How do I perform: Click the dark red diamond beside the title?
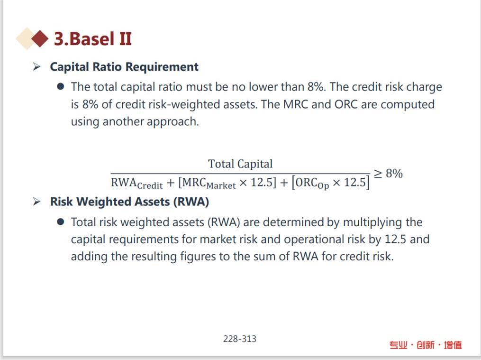pyautogui.click(x=40, y=39)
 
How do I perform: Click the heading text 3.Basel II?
pyautogui.click(x=92, y=39)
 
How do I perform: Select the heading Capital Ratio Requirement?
pyautogui.click(x=124, y=67)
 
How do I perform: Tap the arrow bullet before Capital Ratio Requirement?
pyautogui.click(x=37, y=66)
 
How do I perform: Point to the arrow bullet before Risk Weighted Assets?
pyautogui.click(x=37, y=202)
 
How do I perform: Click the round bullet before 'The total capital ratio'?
pyautogui.click(x=61, y=86)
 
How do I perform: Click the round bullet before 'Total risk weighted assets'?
pyautogui.click(x=61, y=222)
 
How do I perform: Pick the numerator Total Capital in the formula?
pyautogui.click(x=241, y=164)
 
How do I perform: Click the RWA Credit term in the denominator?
pyautogui.click(x=137, y=183)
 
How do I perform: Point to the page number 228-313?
pyautogui.click(x=240, y=339)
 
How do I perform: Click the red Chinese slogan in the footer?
pyautogui.click(x=426, y=345)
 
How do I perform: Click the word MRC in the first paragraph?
pyautogui.click(x=296, y=104)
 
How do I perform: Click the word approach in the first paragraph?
pyautogui.click(x=172, y=122)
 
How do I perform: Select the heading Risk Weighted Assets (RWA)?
pyautogui.click(x=129, y=202)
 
